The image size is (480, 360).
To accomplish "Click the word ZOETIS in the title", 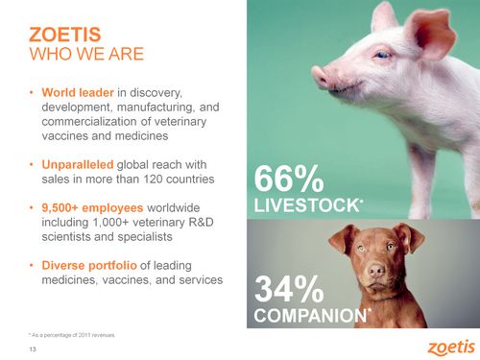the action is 65,35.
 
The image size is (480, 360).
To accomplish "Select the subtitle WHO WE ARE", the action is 86,54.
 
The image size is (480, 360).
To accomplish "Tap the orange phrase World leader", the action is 78,92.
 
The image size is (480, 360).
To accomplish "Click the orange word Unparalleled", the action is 78,164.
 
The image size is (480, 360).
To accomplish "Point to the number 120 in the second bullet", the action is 153,179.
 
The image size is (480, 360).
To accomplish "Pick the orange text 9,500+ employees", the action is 92,207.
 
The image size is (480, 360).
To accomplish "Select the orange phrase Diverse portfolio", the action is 89,265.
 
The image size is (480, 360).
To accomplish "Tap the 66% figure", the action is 289,179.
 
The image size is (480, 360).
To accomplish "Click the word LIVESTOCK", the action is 307,205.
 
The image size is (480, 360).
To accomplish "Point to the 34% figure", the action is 289,289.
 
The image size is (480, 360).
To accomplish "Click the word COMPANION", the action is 310,315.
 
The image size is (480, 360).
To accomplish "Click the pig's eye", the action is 383,55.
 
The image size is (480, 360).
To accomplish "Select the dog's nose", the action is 376,271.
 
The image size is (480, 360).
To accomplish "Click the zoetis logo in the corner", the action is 451,348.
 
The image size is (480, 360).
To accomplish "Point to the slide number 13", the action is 33,349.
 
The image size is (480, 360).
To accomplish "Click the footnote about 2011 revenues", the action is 71,335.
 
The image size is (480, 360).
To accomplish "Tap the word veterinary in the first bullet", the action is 180,122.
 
